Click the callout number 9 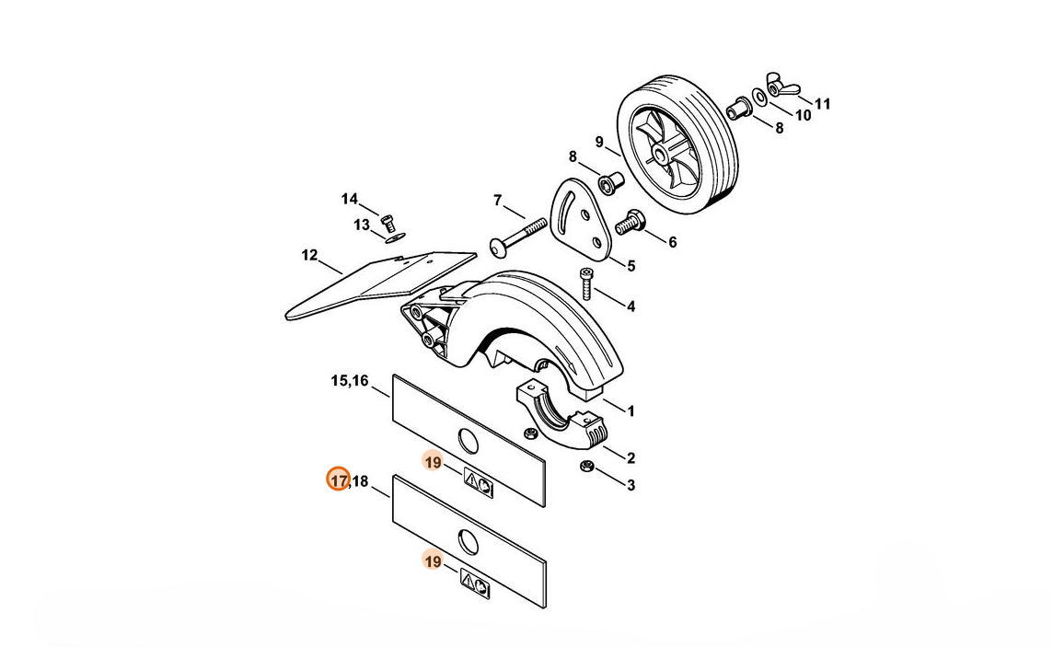[x=600, y=143]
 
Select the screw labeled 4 [x=586, y=283]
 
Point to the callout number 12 [x=309, y=255]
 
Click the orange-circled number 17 [x=339, y=481]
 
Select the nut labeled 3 [x=586, y=465]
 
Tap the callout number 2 [x=631, y=458]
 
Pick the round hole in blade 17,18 [x=468, y=541]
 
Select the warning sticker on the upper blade [x=478, y=483]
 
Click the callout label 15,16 [x=350, y=381]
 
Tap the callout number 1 [x=631, y=410]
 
